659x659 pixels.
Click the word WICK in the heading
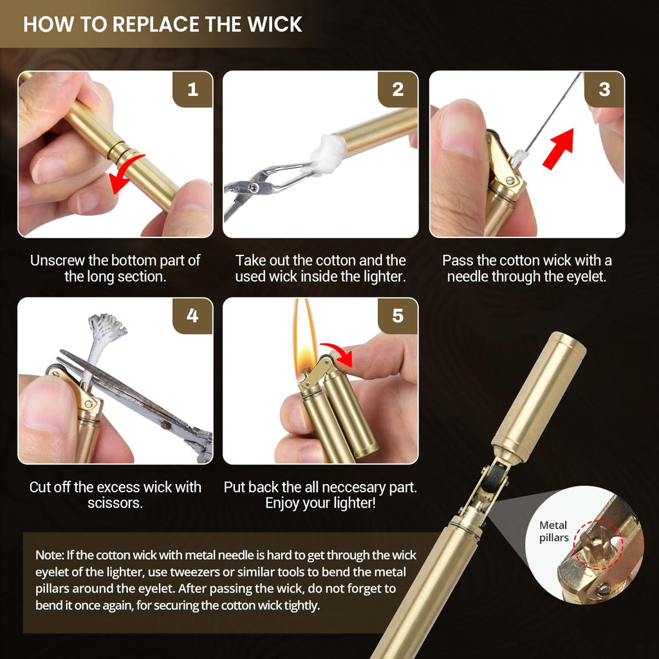click(274, 24)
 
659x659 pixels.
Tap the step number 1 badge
click(192, 89)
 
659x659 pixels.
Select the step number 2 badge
click(398, 89)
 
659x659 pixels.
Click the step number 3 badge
click(604, 89)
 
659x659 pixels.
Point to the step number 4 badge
click(192, 315)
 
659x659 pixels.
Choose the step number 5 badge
click(398, 315)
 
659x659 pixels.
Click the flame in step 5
click(304, 340)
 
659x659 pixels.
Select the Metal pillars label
click(553, 531)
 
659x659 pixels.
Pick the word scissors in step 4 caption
click(115, 503)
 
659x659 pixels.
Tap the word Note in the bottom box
click(49, 555)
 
